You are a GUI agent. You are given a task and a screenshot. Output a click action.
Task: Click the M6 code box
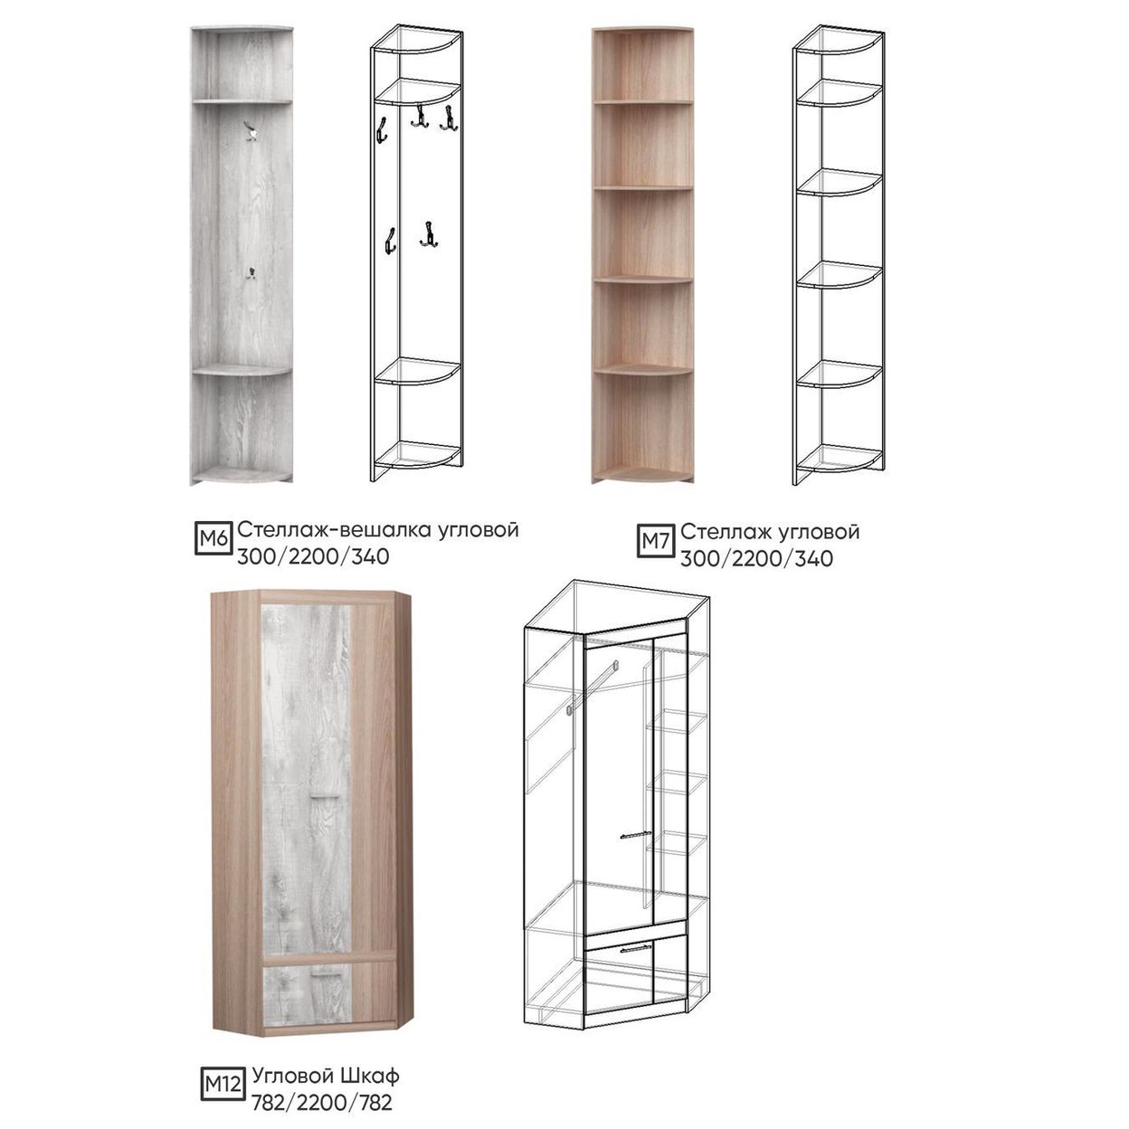pos(213,538)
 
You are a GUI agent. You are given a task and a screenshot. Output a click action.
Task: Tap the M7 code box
pos(656,540)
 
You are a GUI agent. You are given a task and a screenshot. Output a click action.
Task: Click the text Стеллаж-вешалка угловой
pos(378,529)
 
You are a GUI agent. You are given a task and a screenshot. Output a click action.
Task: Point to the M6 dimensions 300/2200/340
pos(313,556)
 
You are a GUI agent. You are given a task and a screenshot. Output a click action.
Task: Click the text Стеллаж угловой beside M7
pos(770,531)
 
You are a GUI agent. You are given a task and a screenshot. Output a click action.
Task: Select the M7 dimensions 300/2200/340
pos(756,559)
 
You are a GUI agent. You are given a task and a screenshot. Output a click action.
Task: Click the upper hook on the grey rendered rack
pos(251,132)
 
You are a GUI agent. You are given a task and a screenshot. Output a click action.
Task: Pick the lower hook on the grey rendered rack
pos(251,273)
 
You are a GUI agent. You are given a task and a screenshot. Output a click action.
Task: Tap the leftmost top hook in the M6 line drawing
pos(381,129)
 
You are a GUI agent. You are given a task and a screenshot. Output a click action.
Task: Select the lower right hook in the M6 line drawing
pos(429,234)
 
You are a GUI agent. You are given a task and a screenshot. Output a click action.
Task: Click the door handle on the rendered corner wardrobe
pos(325,797)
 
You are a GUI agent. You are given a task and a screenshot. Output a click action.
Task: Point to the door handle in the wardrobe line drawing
pos(636,835)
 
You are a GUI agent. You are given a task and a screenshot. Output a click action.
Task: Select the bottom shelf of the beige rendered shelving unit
pos(643,473)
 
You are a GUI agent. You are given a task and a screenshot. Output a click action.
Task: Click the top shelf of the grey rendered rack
pos(242,101)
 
